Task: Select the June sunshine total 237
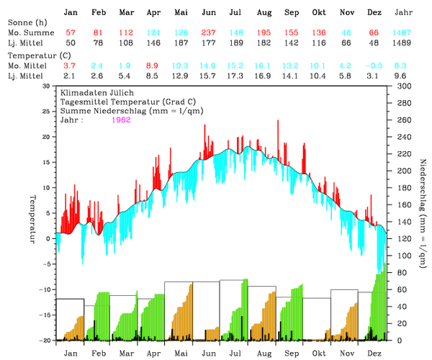tap(209, 34)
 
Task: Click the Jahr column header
tap(405, 13)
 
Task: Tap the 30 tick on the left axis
tap(47, 86)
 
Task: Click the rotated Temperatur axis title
tap(32, 218)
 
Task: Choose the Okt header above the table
tap(318, 13)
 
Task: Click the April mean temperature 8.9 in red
tap(153, 66)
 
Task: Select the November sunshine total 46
tap(346, 34)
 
